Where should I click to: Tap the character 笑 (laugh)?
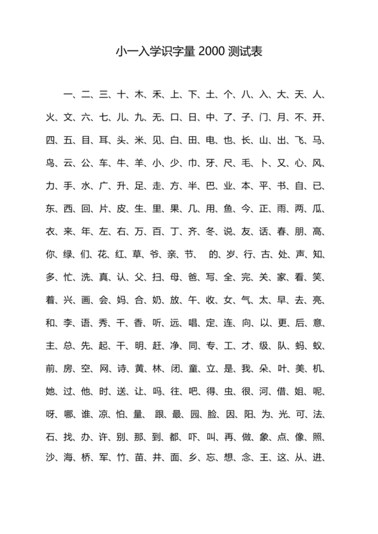pyautogui.click(x=319, y=277)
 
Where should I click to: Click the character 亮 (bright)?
pyautogui.click(x=319, y=300)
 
